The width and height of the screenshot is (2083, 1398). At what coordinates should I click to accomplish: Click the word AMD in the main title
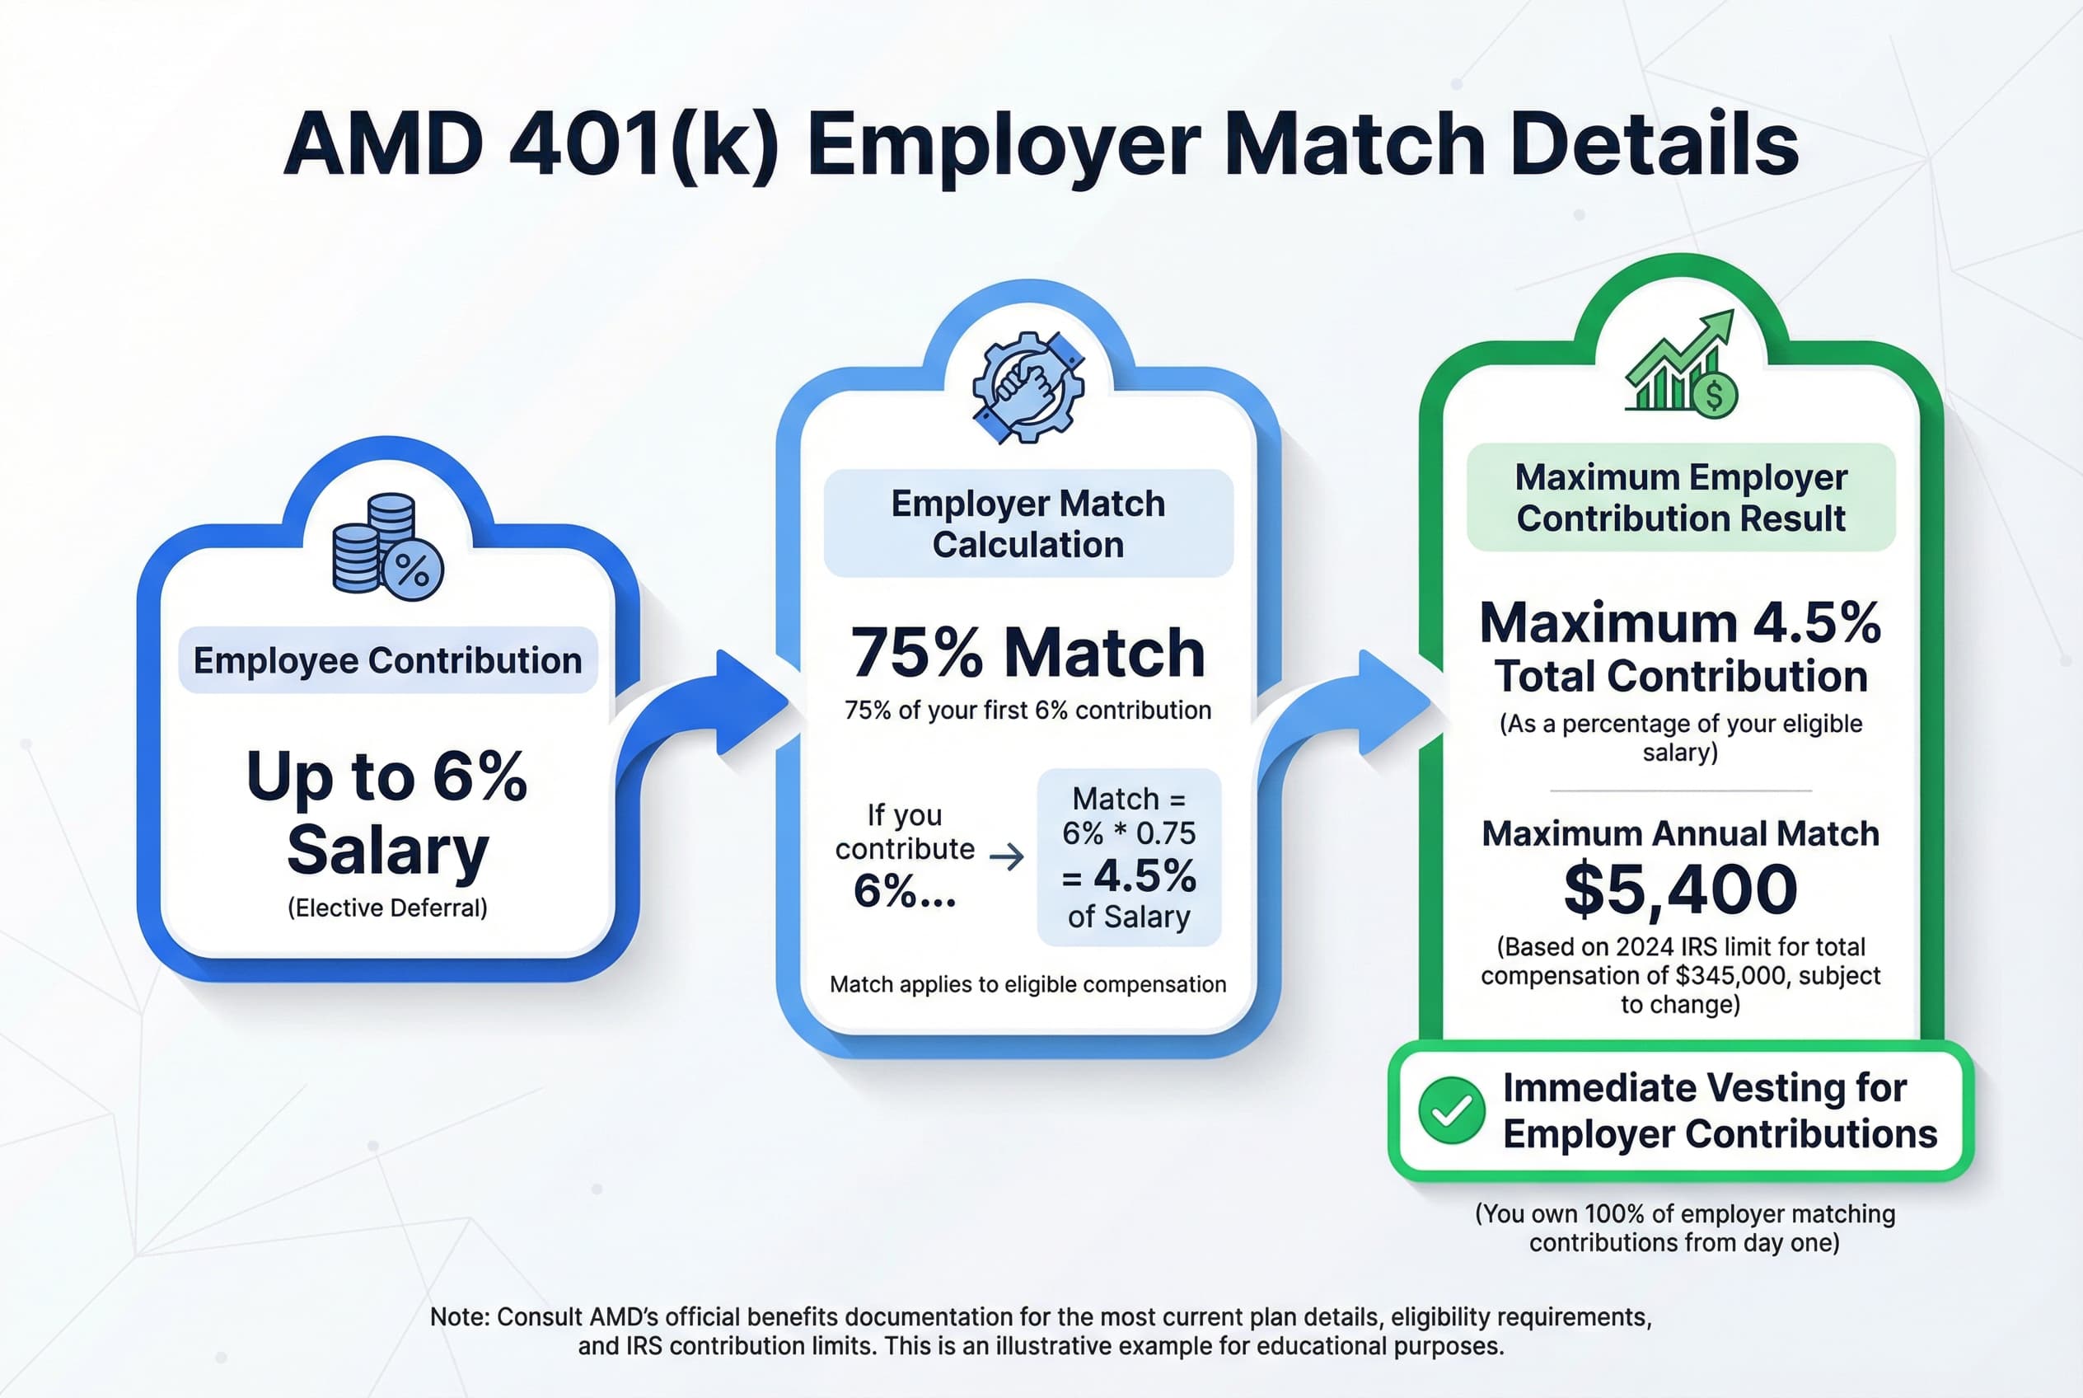[x=384, y=144]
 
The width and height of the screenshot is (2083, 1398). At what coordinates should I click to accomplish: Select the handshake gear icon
[x=1027, y=388]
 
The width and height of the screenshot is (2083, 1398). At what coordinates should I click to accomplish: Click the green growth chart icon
[x=1680, y=365]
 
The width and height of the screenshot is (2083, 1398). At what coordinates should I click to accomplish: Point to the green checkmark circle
[x=1451, y=1110]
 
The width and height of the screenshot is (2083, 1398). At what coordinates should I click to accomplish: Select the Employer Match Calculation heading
[x=1027, y=523]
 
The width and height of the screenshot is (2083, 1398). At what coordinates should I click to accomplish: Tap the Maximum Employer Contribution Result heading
[x=1680, y=498]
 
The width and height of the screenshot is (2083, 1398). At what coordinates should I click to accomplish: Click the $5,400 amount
[x=1680, y=889]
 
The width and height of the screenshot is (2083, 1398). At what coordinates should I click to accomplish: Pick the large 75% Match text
[x=1027, y=653]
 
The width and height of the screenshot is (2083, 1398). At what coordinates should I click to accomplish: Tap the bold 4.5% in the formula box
[x=1144, y=876]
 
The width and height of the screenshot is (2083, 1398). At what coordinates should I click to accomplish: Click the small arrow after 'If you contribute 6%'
[x=1007, y=858]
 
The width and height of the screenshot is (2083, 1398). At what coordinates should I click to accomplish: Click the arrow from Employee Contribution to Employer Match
[x=713, y=713]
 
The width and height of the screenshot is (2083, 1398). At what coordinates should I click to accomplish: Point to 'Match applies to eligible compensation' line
[x=1027, y=984]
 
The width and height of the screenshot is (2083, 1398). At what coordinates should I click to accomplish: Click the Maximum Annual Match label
[x=1680, y=833]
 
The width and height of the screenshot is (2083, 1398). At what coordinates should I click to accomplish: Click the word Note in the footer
[x=457, y=1317]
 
